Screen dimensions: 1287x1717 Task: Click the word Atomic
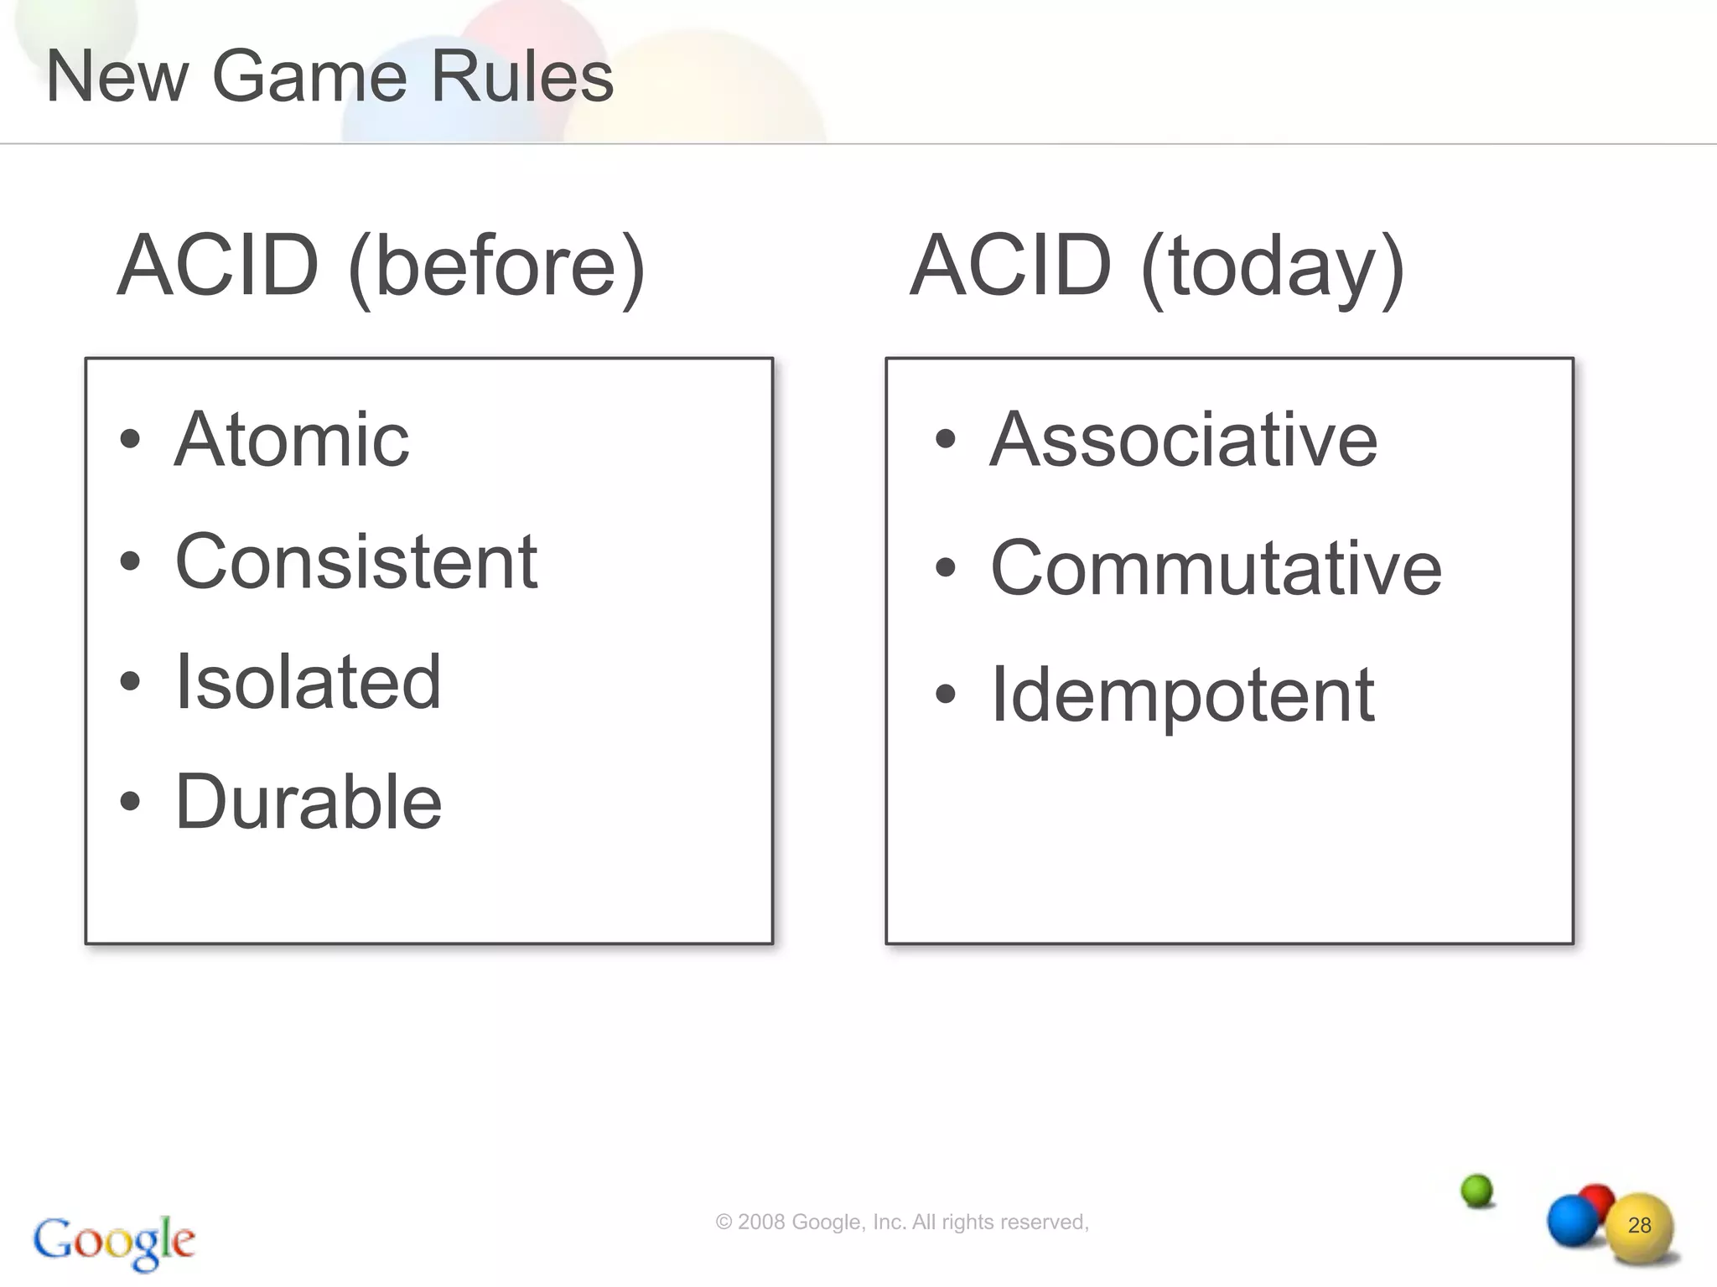(292, 440)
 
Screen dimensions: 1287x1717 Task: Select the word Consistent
(356, 561)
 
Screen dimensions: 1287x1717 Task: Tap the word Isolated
(308, 682)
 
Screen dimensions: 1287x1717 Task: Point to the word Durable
(309, 803)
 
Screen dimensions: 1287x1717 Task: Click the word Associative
(1184, 440)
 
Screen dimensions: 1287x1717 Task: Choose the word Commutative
(1216, 568)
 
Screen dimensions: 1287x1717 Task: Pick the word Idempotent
(1183, 695)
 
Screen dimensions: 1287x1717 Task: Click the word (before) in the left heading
(497, 266)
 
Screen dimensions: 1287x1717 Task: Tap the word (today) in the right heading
(1273, 266)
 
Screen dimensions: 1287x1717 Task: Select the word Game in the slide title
(309, 77)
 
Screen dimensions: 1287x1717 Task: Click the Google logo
(114, 1241)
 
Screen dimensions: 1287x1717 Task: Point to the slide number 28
(1639, 1226)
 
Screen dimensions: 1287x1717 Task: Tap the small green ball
(1477, 1191)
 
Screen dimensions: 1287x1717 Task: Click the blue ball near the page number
(1572, 1220)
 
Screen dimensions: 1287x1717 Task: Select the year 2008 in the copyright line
(761, 1222)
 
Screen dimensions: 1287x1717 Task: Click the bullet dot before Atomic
(130, 439)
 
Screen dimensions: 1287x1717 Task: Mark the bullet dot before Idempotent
(946, 694)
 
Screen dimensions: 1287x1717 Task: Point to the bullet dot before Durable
(130, 801)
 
